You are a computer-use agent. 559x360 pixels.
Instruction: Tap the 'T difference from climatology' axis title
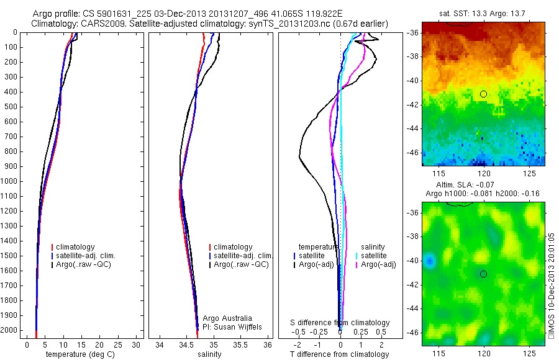click(340, 354)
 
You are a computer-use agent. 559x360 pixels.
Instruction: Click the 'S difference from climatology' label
click(340, 323)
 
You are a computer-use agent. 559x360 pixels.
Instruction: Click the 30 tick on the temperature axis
click(138, 344)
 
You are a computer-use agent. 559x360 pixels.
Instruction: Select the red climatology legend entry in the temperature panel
click(77, 247)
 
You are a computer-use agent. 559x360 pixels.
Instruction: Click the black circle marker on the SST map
click(483, 94)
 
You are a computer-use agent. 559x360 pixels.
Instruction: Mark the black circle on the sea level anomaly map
click(483, 274)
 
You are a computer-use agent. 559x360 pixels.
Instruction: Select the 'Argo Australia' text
click(228, 318)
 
